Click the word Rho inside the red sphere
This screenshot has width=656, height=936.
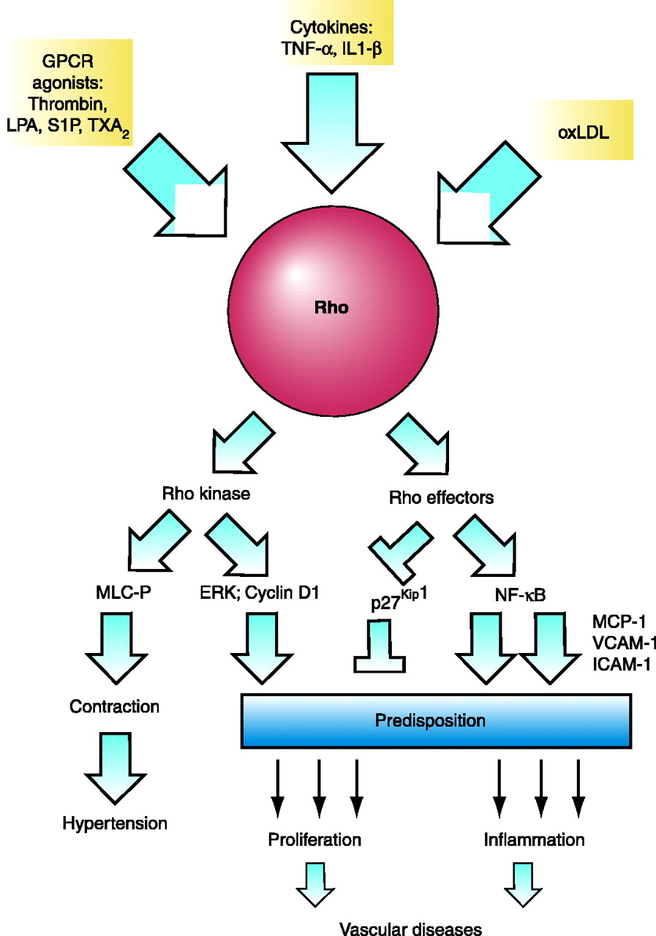coord(331,308)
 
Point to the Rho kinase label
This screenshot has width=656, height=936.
coord(206,494)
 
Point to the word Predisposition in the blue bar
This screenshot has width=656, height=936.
coord(430,720)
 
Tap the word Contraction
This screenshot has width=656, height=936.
coord(114,706)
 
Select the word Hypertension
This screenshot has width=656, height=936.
coord(115,823)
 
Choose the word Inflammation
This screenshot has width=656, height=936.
coord(535,839)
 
